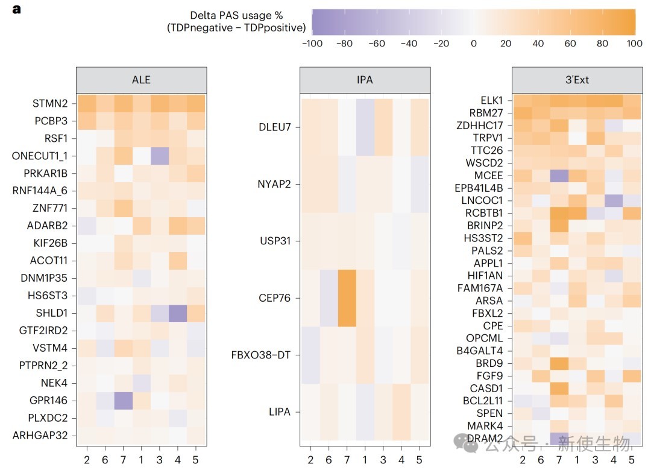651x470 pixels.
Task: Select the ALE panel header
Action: coord(141,80)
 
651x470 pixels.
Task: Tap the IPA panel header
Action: coord(365,80)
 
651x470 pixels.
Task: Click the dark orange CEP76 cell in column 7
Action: coord(347,298)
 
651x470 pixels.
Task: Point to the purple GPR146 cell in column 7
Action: coord(124,401)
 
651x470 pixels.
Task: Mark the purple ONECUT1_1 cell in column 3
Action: coord(160,156)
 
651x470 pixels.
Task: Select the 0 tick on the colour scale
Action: coord(474,43)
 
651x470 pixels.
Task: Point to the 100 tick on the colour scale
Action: coord(635,43)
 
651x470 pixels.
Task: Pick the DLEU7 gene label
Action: coord(274,127)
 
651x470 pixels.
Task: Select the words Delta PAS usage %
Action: coord(236,15)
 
